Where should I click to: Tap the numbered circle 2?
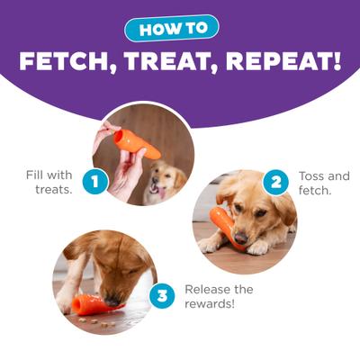tap(274, 183)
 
